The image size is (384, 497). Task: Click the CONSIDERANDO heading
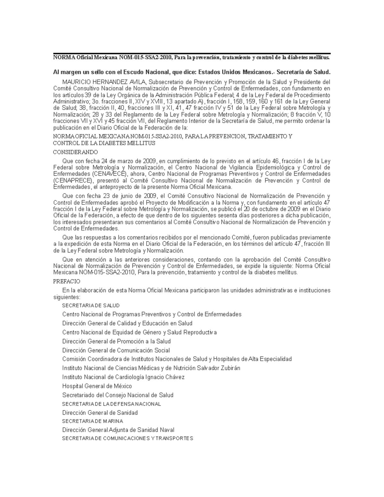[75, 152]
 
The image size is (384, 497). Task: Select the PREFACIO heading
[67, 282]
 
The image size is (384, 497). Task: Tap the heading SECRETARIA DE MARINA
[92, 421]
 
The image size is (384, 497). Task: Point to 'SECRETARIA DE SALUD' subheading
[91, 306]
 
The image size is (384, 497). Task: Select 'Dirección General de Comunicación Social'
[116, 350]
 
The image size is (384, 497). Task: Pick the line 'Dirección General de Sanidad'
[100, 413]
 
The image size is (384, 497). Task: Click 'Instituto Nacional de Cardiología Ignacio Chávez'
[123, 377]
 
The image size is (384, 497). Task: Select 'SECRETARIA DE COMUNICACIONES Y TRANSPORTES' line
[127, 438]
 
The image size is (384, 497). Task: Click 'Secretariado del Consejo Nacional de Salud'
[118, 395]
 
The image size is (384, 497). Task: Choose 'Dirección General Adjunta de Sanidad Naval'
[118, 430]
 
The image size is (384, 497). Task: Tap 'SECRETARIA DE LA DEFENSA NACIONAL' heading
[111, 404]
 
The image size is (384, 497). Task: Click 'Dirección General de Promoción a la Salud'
[116, 341]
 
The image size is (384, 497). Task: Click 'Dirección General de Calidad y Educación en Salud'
[127, 323]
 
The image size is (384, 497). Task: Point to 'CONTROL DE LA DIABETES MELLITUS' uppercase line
[104, 143]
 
